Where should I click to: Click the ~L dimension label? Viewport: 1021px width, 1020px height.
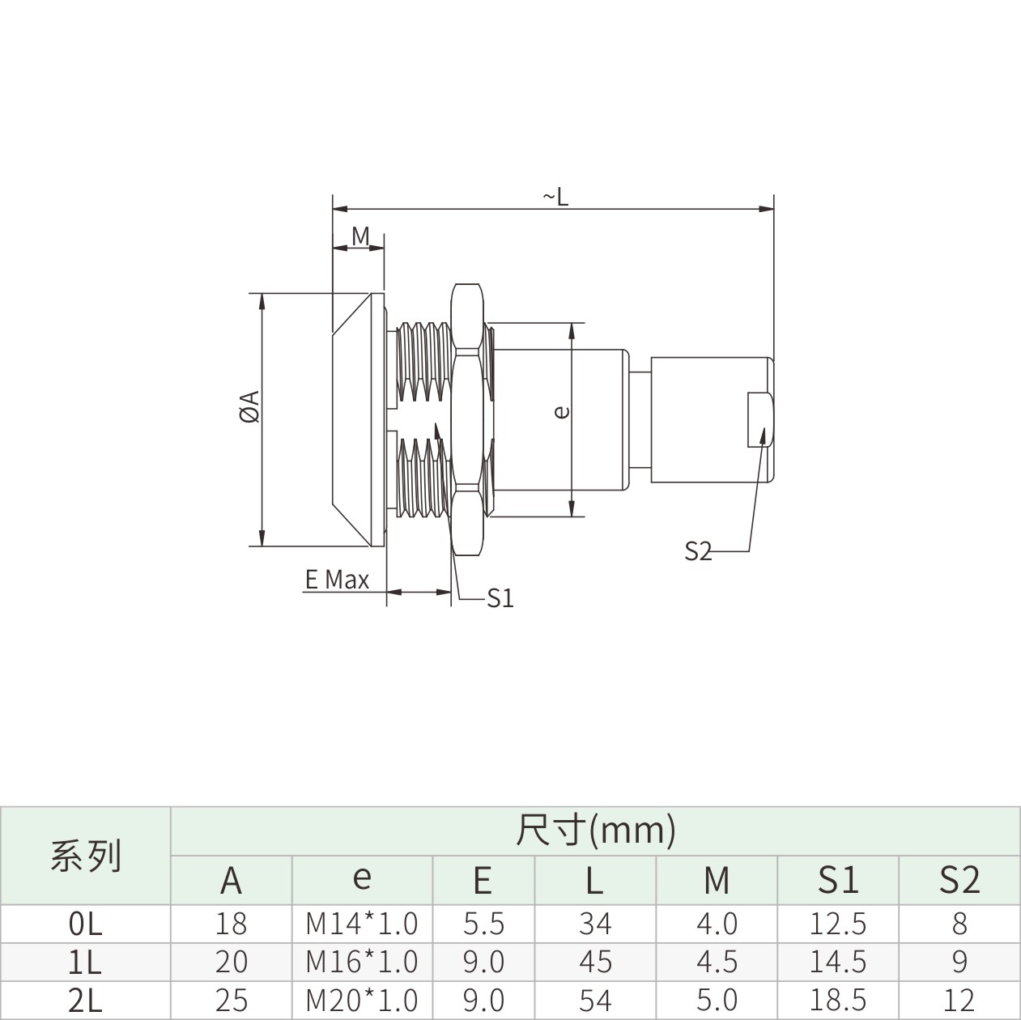click(x=555, y=197)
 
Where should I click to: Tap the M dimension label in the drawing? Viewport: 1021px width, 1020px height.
click(x=360, y=236)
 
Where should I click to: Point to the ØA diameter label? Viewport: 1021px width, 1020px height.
click(x=249, y=406)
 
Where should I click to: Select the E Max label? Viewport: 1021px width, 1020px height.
click(x=337, y=580)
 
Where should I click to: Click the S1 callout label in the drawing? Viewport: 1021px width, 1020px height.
click(x=500, y=598)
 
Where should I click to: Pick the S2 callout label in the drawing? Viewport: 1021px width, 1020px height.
click(x=698, y=551)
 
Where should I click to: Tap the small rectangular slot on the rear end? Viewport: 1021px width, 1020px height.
click(x=759, y=419)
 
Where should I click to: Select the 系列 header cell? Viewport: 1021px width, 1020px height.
click(x=86, y=855)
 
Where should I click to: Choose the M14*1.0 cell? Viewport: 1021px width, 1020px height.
click(x=362, y=924)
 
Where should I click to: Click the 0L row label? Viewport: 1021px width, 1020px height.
click(x=85, y=924)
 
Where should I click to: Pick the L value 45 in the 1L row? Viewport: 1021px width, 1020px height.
click(x=596, y=962)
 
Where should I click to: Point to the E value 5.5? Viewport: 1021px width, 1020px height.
click(x=483, y=924)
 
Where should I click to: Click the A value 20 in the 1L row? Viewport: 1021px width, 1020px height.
click(x=231, y=962)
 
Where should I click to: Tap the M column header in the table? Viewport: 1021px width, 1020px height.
click(x=717, y=880)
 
